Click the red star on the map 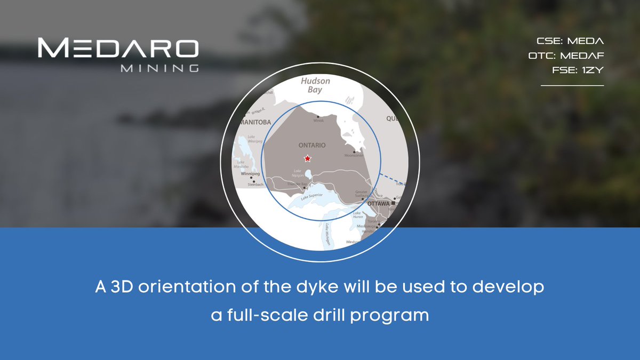point(307,158)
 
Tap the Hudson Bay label point(315,86)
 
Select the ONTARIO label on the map point(312,145)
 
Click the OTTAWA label point(378,204)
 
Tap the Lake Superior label point(312,197)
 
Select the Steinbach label point(255,185)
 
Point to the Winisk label point(318,121)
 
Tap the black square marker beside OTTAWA point(393,204)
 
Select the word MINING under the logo point(160,68)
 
